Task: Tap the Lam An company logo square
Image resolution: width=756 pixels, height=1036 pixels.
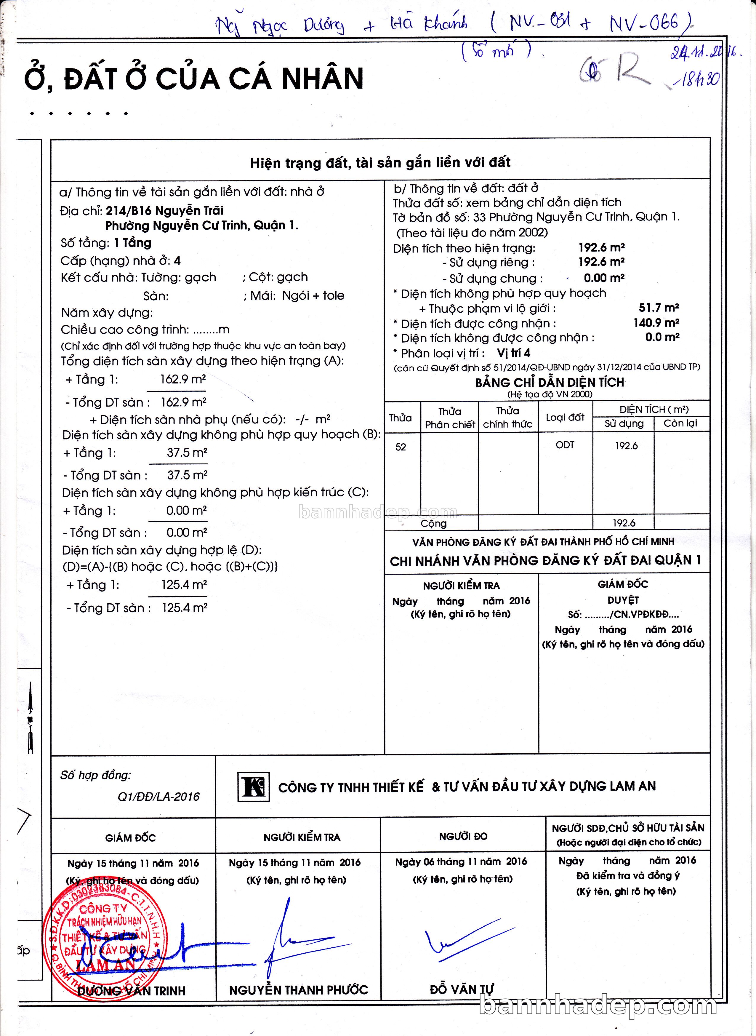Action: (x=253, y=786)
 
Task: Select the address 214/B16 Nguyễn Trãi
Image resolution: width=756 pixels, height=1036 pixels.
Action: (x=165, y=211)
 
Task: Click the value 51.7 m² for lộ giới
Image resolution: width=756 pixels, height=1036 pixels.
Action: (x=659, y=308)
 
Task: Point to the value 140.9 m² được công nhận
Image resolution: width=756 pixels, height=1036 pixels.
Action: (x=656, y=323)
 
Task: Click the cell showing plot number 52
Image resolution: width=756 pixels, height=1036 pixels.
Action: (x=401, y=447)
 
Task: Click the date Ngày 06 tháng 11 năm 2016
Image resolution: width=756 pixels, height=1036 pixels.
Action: (x=461, y=861)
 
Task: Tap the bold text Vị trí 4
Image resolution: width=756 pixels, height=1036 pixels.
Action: (x=513, y=353)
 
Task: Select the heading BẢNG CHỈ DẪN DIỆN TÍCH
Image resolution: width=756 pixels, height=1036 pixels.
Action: (x=550, y=382)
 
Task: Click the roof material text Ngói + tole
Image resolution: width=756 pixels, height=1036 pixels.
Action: (x=313, y=295)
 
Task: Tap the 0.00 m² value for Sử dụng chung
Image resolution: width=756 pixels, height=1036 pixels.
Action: (x=604, y=278)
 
